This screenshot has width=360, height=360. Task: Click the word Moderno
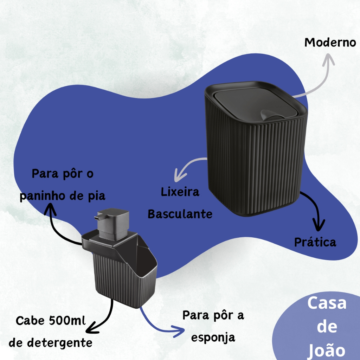(x=330, y=43)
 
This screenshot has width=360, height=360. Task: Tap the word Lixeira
(x=180, y=192)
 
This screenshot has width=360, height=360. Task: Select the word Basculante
(x=180, y=214)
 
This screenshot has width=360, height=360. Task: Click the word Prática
(x=315, y=242)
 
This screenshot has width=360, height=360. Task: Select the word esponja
(x=212, y=337)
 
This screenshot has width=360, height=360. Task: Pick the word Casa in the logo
(x=327, y=303)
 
